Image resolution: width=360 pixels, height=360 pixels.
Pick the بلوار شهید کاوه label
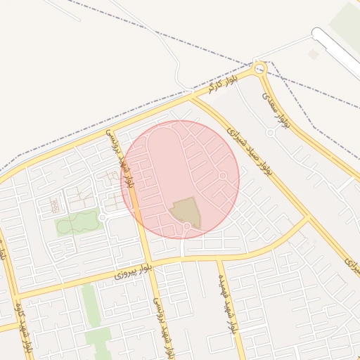point(23,327)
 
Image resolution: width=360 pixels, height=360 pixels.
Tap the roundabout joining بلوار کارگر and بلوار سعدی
point(260,68)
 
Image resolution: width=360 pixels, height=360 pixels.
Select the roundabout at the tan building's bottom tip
point(187,226)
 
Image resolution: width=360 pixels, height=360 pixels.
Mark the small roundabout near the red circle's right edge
point(223,175)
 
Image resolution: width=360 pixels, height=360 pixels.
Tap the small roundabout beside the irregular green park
point(102,219)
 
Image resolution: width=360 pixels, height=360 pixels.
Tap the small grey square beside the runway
point(313,54)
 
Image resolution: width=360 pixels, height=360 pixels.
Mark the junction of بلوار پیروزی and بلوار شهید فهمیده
point(219,259)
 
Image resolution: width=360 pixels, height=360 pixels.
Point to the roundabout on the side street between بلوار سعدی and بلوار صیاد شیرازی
point(270,132)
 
